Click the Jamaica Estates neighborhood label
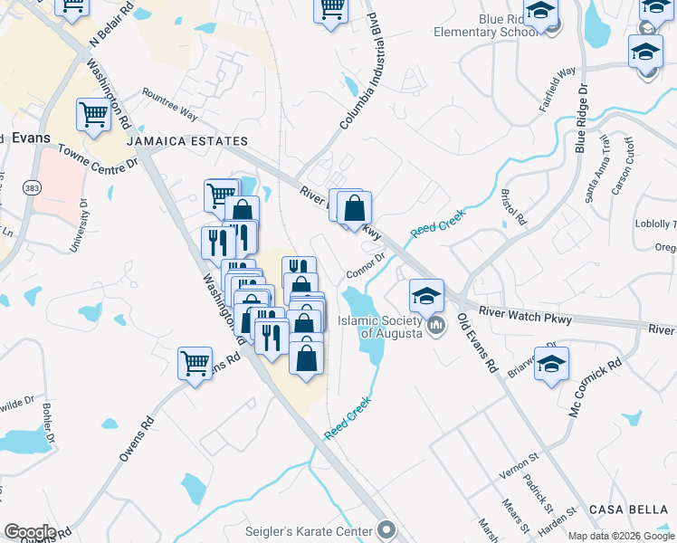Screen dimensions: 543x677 pyautogui.click(x=187, y=142)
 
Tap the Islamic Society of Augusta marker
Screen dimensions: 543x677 pyautogui.click(x=436, y=325)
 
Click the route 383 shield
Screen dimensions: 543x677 pyautogui.click(x=32, y=186)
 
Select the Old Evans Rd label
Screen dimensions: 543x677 pyautogui.click(x=478, y=343)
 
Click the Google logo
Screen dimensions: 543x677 pyautogui.click(x=30, y=531)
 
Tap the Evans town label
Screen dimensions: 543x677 pyautogui.click(x=31, y=138)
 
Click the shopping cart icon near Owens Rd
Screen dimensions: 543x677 pyautogui.click(x=195, y=365)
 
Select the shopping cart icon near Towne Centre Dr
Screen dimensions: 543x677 pyautogui.click(x=93, y=115)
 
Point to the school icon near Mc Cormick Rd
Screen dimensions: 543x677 pyautogui.click(x=551, y=364)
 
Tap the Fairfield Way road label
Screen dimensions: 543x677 pyautogui.click(x=558, y=89)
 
